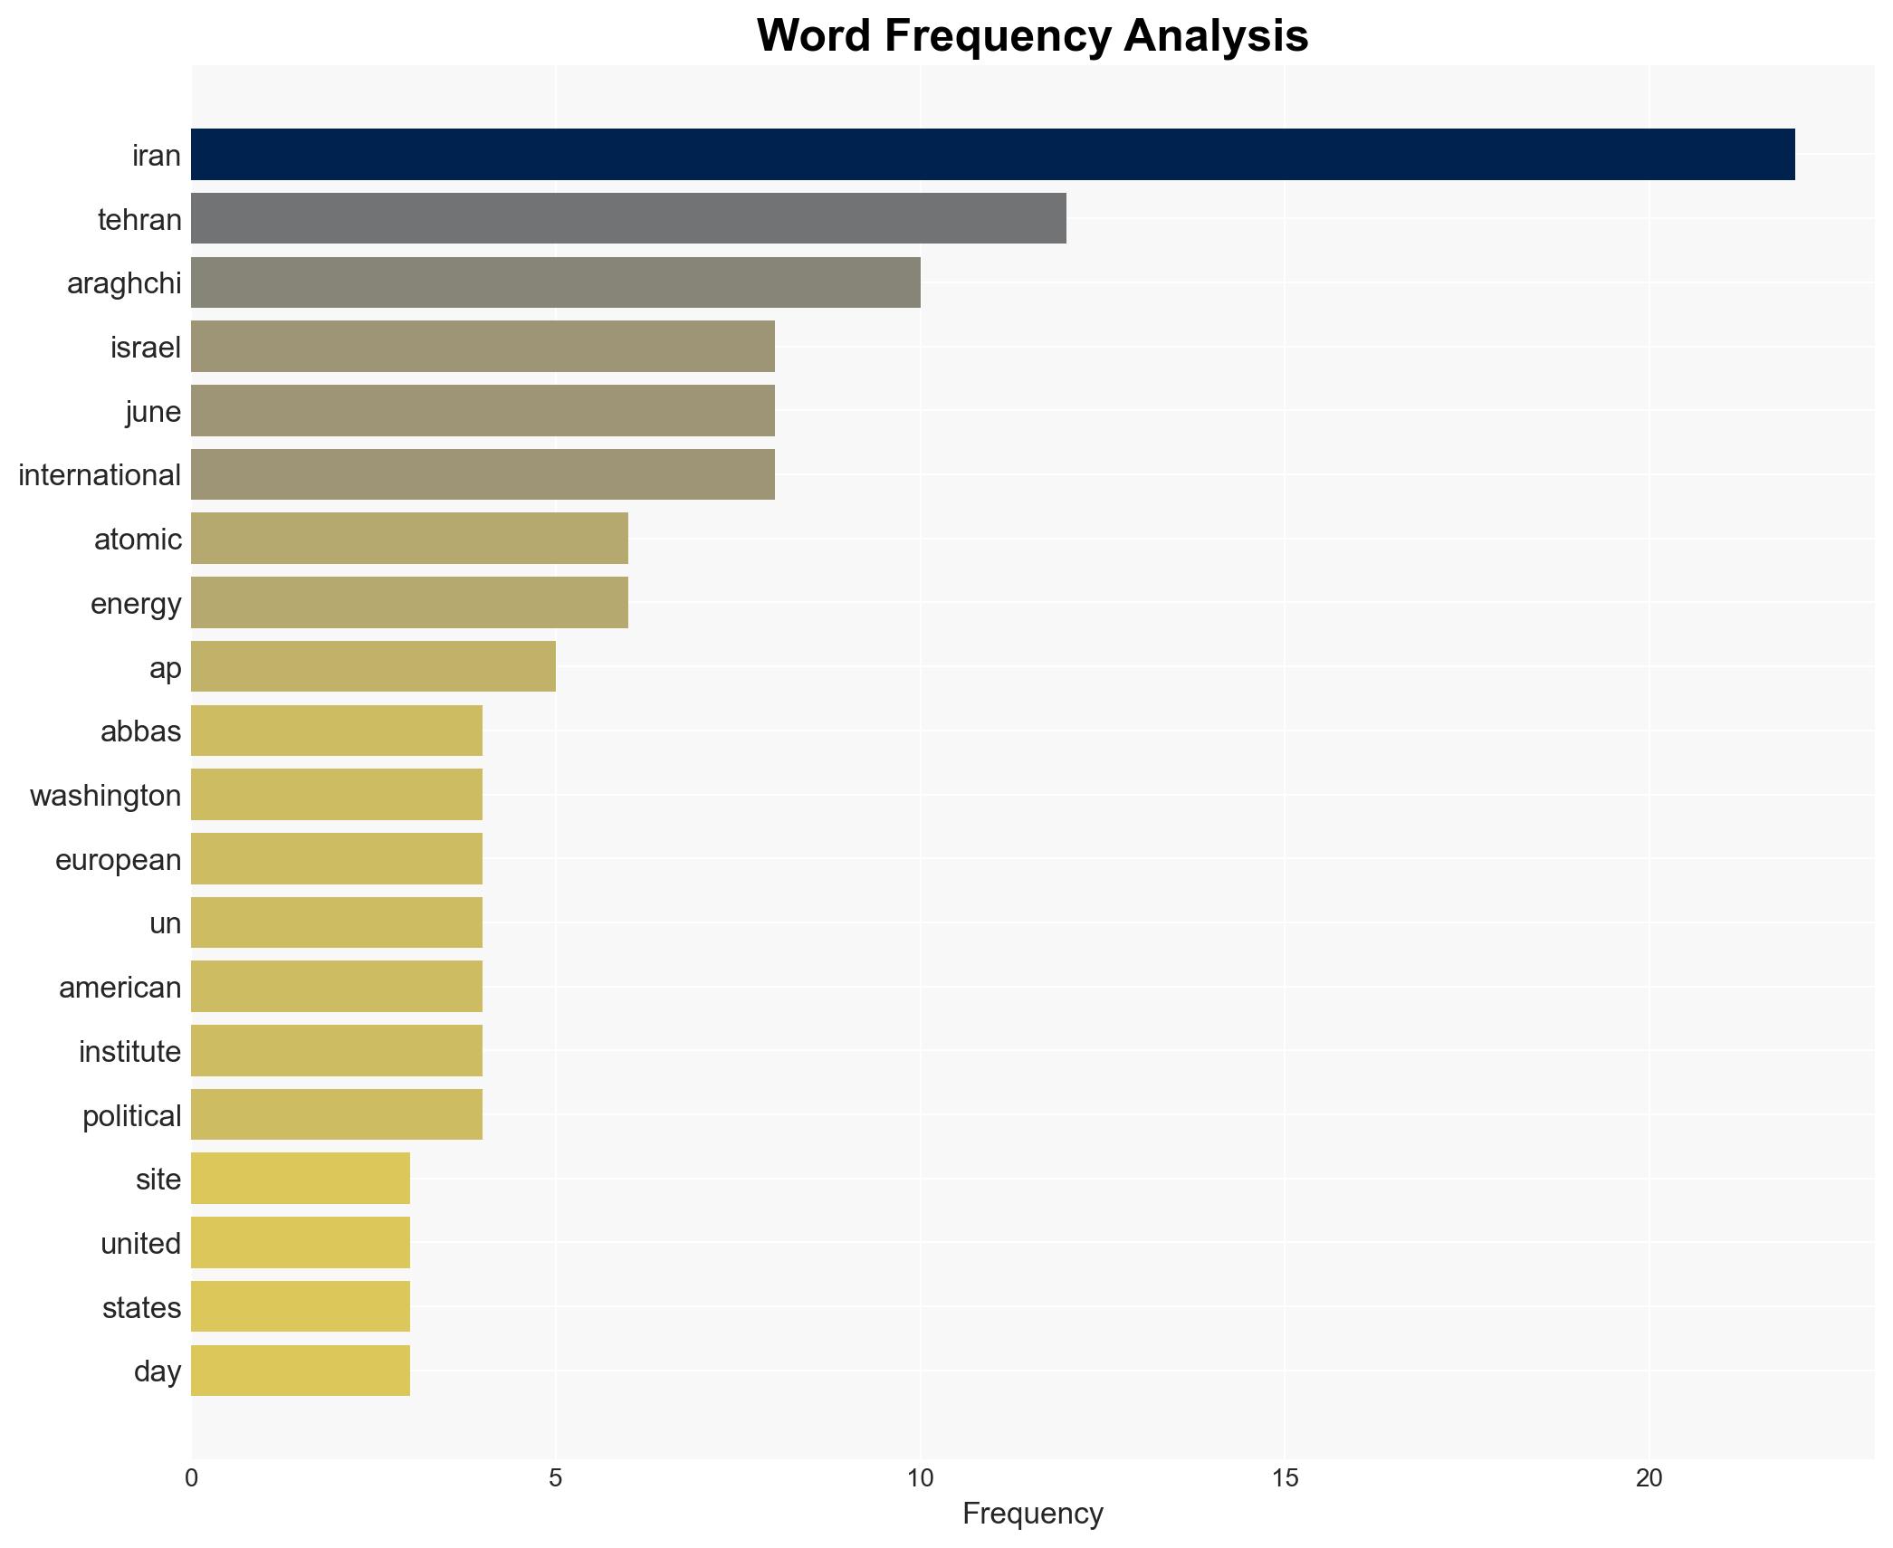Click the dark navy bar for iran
992,155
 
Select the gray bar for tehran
628,219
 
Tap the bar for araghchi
555,282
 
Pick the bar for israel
483,347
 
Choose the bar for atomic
409,539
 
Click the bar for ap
373,667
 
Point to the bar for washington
337,795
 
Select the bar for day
301,1371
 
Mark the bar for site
301,1179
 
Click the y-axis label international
100,475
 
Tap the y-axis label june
153,412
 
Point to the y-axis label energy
136,604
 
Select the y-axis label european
118,860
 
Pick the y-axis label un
165,923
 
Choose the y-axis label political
131,1116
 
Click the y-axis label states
141,1308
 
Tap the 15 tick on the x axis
1285,1478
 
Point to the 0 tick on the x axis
191,1478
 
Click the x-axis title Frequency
1032,1514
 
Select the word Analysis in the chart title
1216,36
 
